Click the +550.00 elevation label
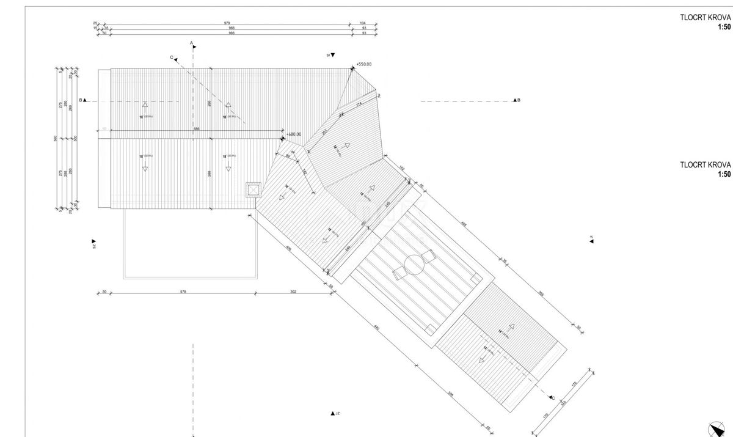[364, 64]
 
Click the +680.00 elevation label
[294, 134]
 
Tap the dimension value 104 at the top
[363, 23]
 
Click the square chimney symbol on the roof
[252, 189]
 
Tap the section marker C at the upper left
[173, 58]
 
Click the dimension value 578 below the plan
[183, 292]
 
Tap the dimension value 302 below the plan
[293, 292]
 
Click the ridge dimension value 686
[196, 128]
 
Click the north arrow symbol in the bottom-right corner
[715, 429]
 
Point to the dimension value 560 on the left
[56, 138]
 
